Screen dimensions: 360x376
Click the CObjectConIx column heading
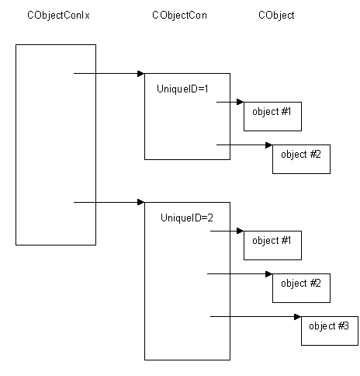point(58,16)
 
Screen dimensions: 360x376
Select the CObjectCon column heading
point(180,16)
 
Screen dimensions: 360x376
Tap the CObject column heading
point(276,16)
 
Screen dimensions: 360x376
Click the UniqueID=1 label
point(182,89)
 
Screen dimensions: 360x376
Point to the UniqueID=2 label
point(187,218)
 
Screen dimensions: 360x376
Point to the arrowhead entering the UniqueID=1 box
point(140,74)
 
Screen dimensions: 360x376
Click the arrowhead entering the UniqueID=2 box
point(140,202)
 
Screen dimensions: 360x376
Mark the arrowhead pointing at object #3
point(297,317)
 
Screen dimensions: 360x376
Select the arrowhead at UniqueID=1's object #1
point(240,102)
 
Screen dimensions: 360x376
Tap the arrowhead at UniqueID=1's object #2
point(268,145)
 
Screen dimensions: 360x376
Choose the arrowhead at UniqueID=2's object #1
point(240,231)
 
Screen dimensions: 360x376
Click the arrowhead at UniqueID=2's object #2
point(268,274)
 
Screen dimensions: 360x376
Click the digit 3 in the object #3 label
point(346,326)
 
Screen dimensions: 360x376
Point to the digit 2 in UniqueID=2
point(210,218)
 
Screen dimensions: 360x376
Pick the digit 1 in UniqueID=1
point(206,89)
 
